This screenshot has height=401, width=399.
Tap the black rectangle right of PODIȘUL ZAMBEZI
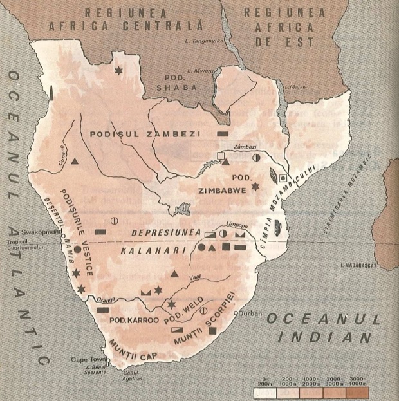[x=223, y=133]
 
